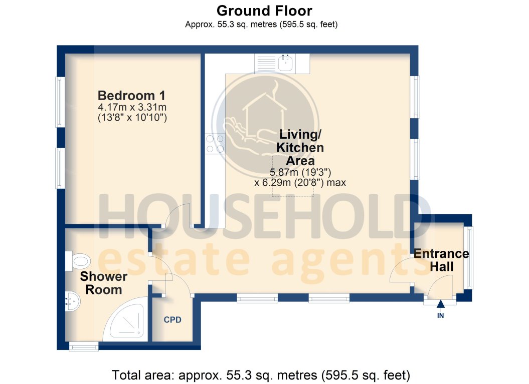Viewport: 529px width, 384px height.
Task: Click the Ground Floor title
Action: point(264,11)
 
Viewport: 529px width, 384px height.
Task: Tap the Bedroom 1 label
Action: point(132,95)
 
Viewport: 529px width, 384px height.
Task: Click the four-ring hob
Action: point(215,144)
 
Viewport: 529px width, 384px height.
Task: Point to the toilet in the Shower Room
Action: point(78,260)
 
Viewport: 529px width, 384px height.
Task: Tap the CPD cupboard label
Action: point(172,320)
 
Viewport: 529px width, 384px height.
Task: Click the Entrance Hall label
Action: point(441,260)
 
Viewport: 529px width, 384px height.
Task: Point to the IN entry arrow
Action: point(440,304)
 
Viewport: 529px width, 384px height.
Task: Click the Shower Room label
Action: point(104,283)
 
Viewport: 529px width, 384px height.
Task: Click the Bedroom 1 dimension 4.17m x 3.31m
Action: point(132,107)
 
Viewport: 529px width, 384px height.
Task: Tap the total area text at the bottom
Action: point(261,374)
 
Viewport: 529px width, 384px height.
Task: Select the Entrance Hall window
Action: point(469,258)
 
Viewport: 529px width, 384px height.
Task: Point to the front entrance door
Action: point(439,290)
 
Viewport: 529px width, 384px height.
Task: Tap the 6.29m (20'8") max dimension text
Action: point(300,183)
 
